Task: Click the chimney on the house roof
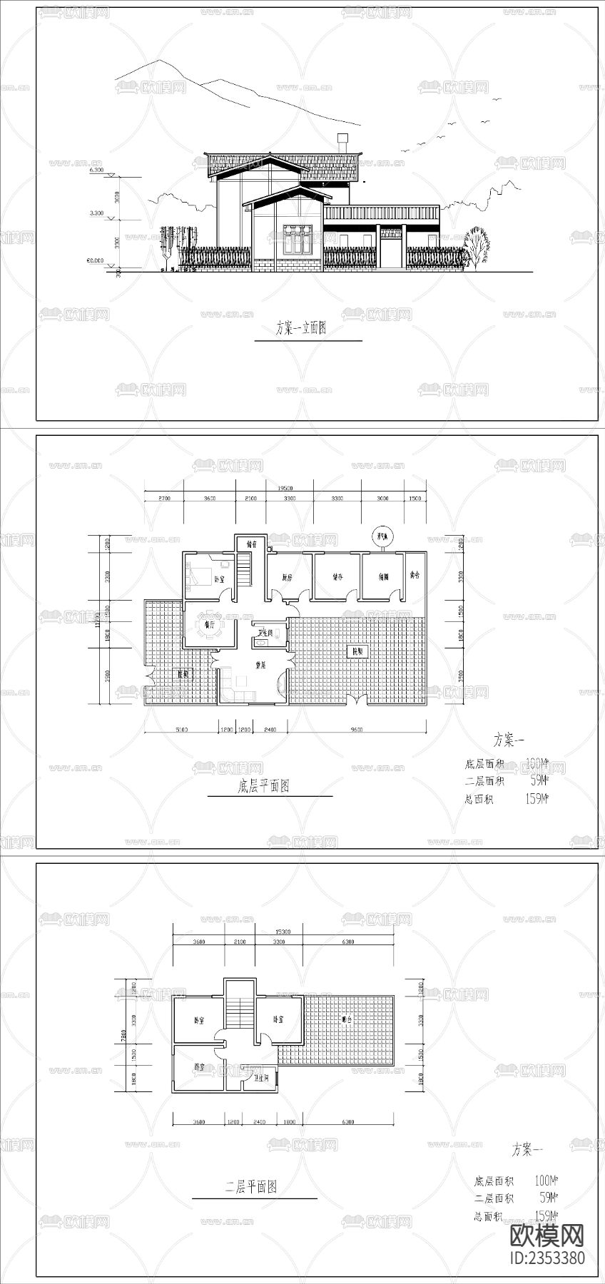342,141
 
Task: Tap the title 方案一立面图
301,329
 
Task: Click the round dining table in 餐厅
210,626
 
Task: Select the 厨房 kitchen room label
288,578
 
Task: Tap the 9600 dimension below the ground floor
356,730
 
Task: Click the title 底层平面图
263,787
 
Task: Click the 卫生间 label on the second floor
262,1079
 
